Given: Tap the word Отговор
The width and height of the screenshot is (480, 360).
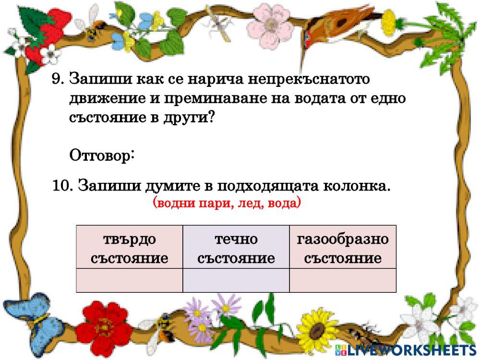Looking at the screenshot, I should click(x=101, y=156).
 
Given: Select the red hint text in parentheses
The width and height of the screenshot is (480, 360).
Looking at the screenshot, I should click(x=227, y=203).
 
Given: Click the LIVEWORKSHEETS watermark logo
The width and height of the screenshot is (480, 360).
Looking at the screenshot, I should click(x=406, y=350).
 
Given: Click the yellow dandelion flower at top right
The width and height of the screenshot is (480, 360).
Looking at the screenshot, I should click(x=389, y=22).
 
